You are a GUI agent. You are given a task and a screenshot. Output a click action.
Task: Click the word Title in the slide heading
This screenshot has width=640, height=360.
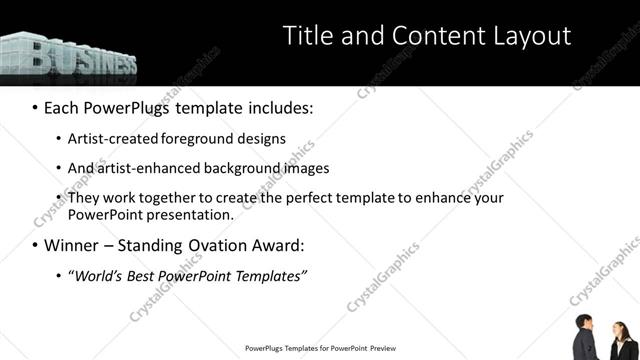[306, 36]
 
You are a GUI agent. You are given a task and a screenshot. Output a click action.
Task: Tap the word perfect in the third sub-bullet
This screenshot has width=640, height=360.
[293, 198]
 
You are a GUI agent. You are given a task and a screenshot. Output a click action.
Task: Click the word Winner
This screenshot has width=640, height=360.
[72, 245]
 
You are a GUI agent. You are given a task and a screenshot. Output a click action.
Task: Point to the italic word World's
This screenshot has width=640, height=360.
[94, 276]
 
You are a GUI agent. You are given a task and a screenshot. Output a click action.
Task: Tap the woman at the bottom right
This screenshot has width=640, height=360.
[621, 342]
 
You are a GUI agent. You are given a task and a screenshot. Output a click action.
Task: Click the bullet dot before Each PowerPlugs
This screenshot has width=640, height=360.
[35, 106]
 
